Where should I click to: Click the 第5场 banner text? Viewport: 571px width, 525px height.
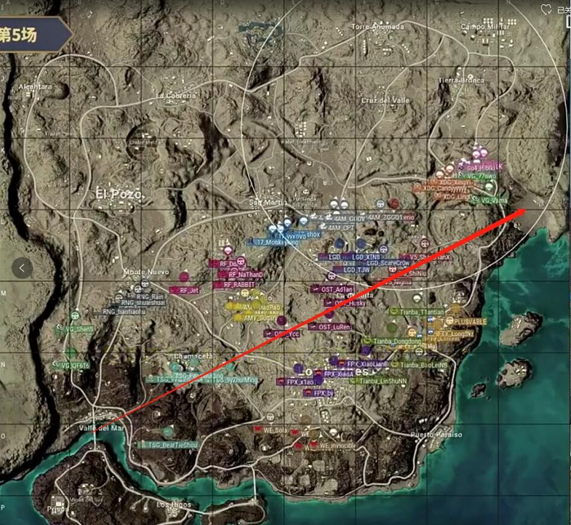tap(19, 34)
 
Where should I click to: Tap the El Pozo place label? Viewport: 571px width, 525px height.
tap(119, 194)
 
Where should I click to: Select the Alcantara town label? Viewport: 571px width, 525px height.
tap(35, 87)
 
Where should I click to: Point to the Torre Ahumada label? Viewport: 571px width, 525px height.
tap(377, 27)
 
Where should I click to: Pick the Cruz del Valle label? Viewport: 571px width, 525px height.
tap(385, 100)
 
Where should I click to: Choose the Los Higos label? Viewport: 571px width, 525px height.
tap(174, 504)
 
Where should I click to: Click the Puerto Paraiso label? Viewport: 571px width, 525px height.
tap(436, 434)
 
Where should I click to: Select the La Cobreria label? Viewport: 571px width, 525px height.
tap(176, 95)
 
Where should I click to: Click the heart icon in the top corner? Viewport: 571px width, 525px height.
tap(546, 9)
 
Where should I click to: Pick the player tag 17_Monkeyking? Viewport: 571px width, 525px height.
tap(272, 241)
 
